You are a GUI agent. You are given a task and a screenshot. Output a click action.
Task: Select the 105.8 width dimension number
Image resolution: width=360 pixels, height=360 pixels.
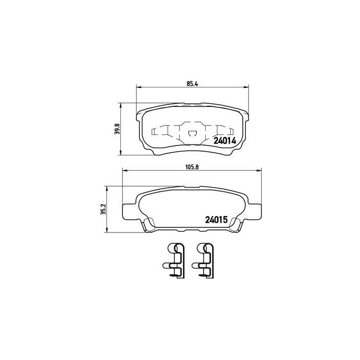[x=191, y=166]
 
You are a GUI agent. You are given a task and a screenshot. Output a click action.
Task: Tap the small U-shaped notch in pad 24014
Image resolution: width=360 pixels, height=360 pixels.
[x=191, y=135]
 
